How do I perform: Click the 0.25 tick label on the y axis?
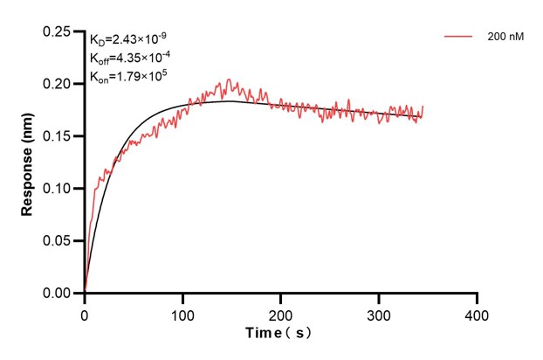58,31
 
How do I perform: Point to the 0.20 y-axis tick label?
58,84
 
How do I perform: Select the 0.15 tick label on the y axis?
58,136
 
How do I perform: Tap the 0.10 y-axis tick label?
58,189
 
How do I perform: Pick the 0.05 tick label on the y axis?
58,241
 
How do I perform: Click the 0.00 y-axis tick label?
58,294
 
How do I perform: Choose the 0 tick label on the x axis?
85,313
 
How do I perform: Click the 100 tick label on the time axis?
182,313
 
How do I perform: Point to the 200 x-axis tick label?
280,313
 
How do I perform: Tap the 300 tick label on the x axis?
378,313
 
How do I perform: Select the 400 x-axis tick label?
476,313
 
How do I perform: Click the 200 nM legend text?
505,37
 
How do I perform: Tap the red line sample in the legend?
458,37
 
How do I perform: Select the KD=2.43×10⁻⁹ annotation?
129,39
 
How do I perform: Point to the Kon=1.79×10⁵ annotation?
128,76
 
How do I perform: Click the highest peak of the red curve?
229,80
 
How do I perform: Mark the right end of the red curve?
423,107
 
